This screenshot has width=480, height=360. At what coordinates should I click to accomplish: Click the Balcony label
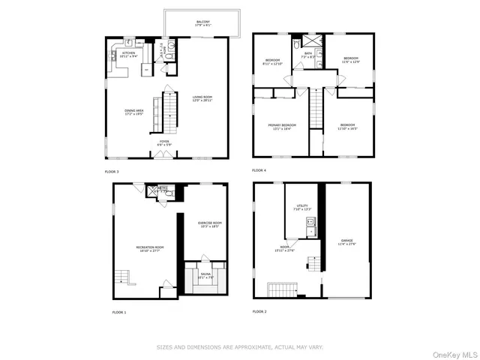203,23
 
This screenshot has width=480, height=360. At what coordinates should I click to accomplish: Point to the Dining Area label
135,112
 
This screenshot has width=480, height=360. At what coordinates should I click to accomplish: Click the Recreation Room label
150,248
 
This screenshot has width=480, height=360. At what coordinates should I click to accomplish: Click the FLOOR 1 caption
119,311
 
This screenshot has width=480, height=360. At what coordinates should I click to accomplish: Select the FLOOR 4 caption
259,171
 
